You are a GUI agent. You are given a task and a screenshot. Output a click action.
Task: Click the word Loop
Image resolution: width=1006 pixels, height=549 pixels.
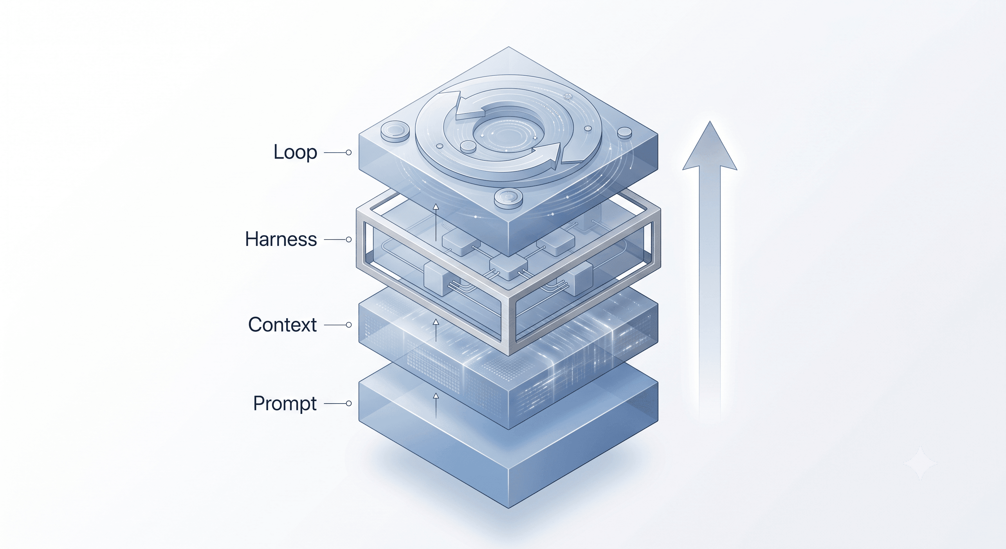[295, 152]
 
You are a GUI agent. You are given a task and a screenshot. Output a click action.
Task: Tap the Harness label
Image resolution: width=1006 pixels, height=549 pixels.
[281, 239]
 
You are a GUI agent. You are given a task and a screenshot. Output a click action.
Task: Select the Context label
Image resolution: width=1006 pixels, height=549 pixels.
[282, 325]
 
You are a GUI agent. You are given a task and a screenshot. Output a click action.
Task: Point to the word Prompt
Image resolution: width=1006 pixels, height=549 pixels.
[285, 404]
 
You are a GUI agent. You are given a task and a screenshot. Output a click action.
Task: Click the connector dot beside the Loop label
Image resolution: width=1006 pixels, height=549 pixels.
[349, 152]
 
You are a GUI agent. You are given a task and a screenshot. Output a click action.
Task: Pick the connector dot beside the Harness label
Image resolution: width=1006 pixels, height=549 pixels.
[349, 239]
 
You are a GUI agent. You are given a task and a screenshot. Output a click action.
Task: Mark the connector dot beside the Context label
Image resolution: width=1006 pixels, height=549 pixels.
[349, 325]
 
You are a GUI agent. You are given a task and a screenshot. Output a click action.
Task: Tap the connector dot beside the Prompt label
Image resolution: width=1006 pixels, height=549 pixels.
[349, 403]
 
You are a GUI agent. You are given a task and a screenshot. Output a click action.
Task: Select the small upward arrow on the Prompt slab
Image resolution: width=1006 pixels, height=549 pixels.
[436, 406]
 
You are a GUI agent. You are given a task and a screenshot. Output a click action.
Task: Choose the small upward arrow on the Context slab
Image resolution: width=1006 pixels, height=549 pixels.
[436, 330]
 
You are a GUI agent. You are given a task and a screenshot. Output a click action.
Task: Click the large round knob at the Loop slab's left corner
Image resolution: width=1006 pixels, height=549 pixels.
[395, 131]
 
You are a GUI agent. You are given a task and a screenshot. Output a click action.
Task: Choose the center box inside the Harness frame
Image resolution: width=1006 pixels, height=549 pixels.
[508, 268]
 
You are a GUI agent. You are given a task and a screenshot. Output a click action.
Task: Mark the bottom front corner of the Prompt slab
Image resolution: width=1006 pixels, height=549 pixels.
[508, 508]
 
